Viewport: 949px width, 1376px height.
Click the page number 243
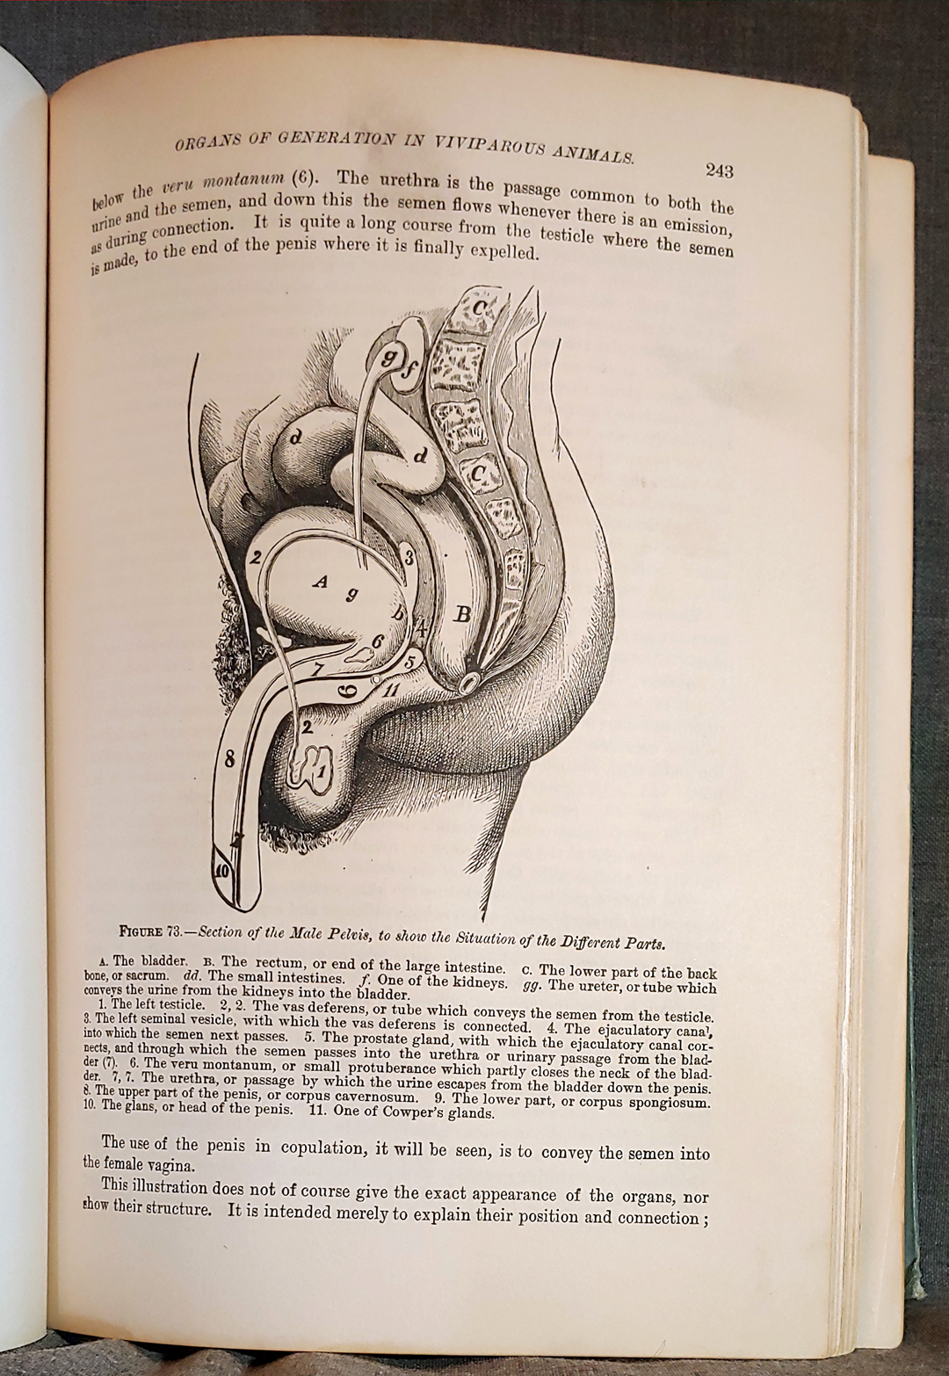point(718,170)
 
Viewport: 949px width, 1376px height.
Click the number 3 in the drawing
point(408,558)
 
